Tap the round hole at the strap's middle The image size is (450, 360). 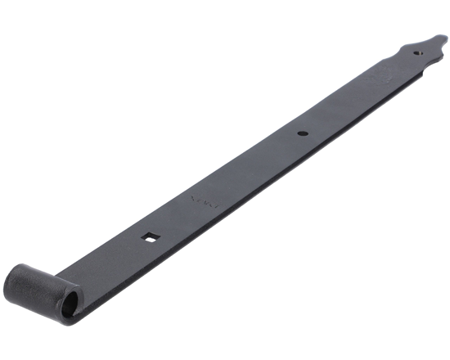(x=303, y=132)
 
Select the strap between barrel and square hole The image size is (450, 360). (x=115, y=258)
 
